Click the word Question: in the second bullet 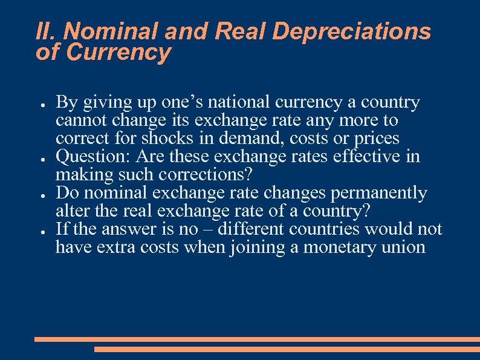pos(94,157)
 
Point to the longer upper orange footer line pos(257,339)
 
